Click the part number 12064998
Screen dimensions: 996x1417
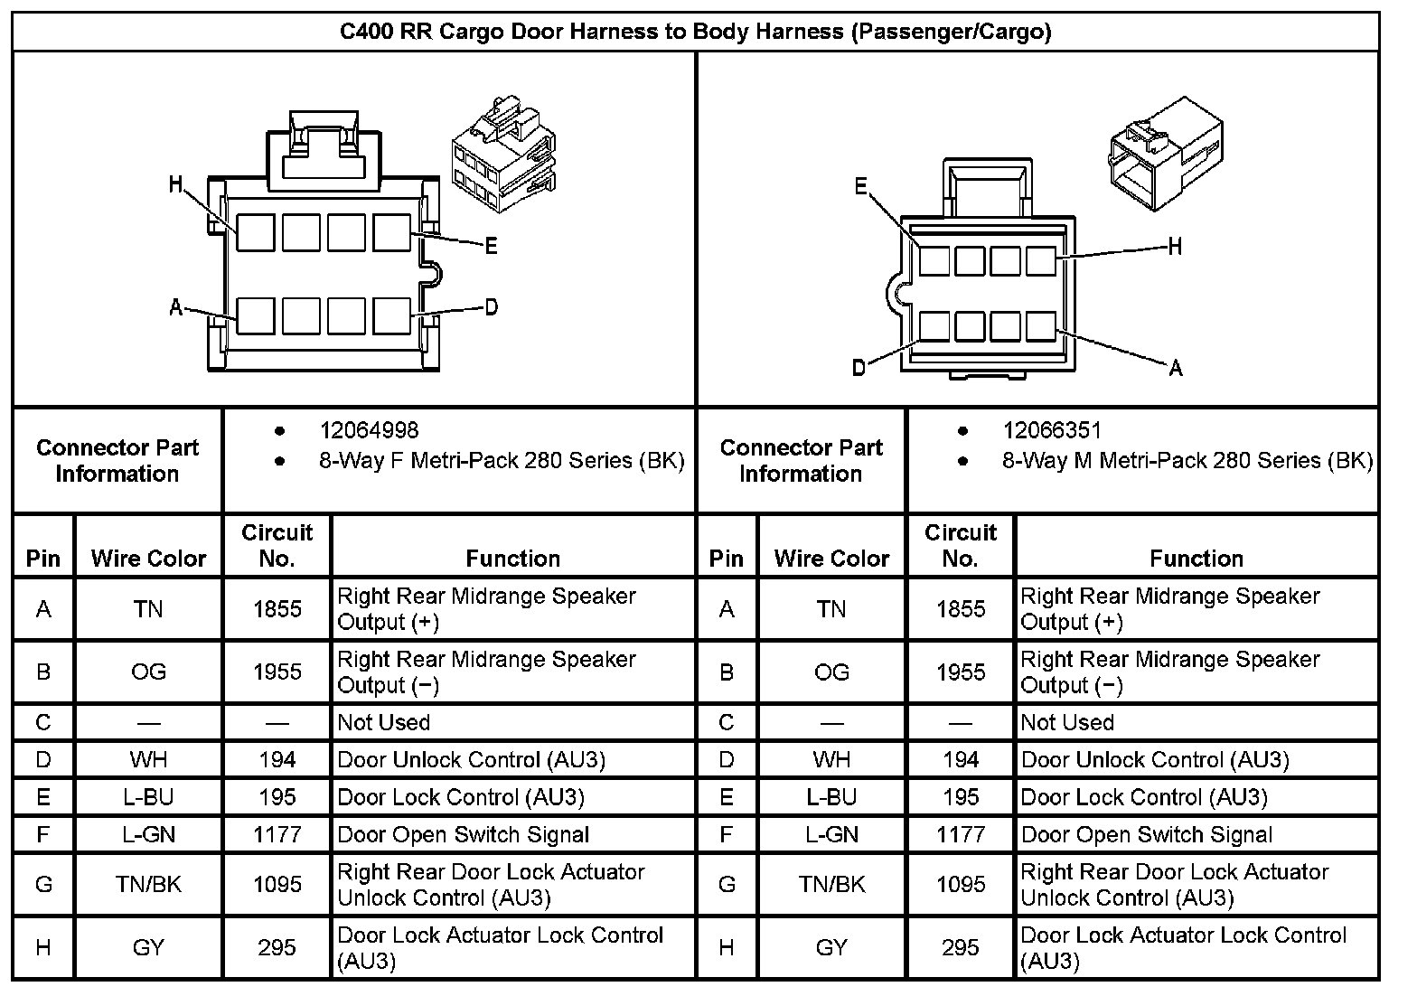pyautogui.click(x=369, y=431)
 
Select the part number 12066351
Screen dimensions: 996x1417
pyautogui.click(x=1052, y=431)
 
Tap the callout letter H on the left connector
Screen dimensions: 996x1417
pyautogui.click(x=176, y=185)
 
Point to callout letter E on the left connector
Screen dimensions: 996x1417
pyautogui.click(x=491, y=246)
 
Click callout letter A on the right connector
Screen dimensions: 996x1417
pyautogui.click(x=1175, y=368)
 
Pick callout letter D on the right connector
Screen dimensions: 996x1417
pyautogui.click(x=859, y=367)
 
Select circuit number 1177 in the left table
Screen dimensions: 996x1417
pyautogui.click(x=277, y=834)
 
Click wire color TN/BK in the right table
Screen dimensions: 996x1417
pyautogui.click(x=831, y=884)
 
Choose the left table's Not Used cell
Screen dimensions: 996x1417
pyautogui.click(x=384, y=722)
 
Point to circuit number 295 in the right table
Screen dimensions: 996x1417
pyautogui.click(x=960, y=947)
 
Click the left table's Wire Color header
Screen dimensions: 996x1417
pyautogui.click(x=149, y=559)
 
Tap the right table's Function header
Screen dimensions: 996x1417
pyautogui.click(x=1196, y=559)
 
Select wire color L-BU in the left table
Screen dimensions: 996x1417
pyautogui.click(x=148, y=797)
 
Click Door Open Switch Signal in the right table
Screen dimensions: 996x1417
pyautogui.click(x=1146, y=834)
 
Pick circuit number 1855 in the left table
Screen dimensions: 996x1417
pyautogui.click(x=277, y=609)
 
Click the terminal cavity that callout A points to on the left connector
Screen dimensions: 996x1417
pyautogui.click(x=256, y=316)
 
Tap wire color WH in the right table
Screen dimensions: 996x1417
pyautogui.click(x=831, y=759)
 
